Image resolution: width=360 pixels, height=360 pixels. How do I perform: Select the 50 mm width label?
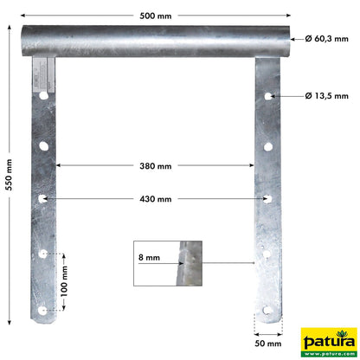point(268,344)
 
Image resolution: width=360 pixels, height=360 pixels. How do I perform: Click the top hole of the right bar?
point(270,95)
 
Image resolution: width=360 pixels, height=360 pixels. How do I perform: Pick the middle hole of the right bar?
point(269,199)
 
